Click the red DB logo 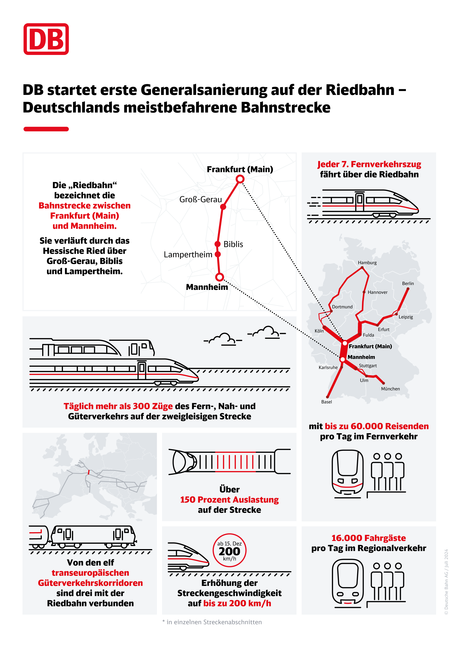coord(46,39)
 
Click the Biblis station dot coord(217,244)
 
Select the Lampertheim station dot coord(218,254)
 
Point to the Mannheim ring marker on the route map coord(220,277)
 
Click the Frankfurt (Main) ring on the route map coord(240,179)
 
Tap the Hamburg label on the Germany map coord(367,263)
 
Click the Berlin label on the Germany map coord(408,283)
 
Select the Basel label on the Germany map coord(327,402)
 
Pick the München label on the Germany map coord(390,389)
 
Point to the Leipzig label coord(406,317)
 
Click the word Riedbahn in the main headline coord(360,90)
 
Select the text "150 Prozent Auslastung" coord(229,500)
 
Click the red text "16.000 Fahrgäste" coord(369,538)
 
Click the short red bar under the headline coord(46,129)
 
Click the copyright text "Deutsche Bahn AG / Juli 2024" coord(446,582)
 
